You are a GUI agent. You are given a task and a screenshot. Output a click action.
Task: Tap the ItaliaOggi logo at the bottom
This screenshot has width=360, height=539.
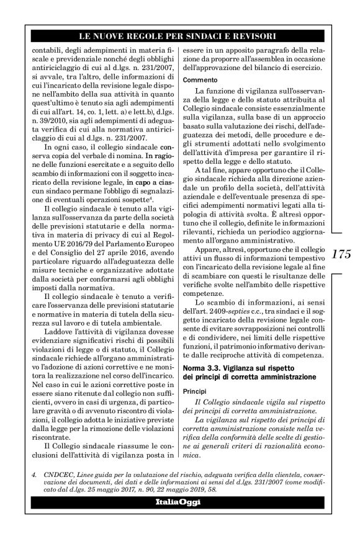pyautogui.click(x=180, y=502)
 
